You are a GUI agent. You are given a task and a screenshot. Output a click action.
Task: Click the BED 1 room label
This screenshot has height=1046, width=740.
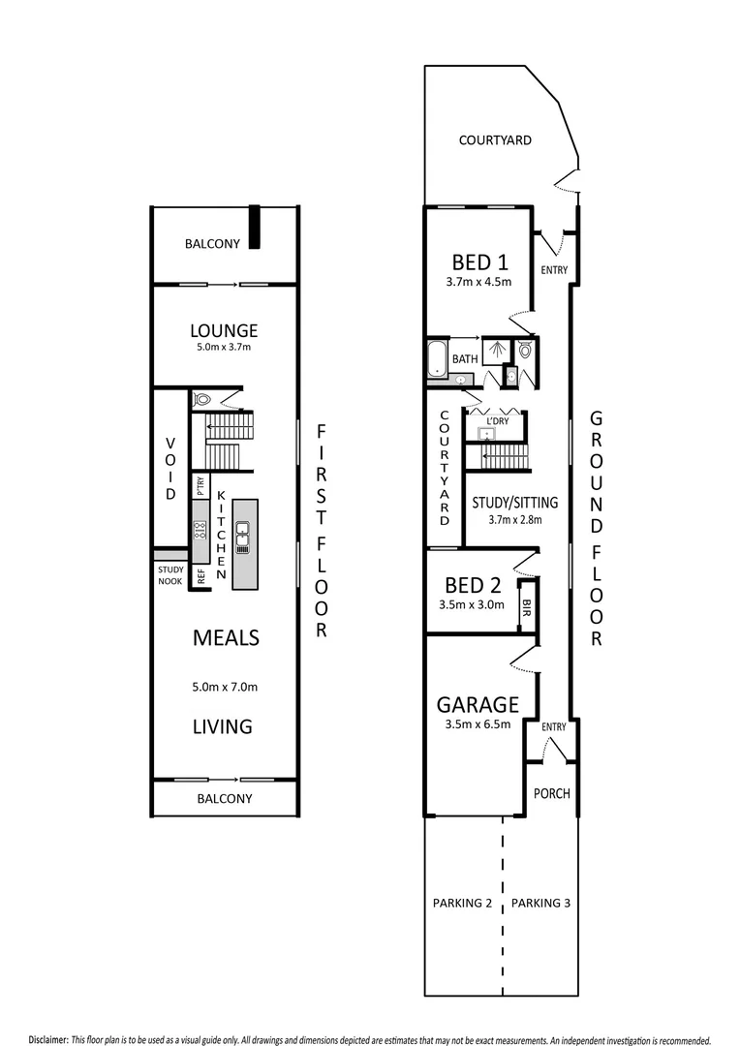click(x=479, y=262)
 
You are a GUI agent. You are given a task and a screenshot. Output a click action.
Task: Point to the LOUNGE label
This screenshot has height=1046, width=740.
click(x=223, y=331)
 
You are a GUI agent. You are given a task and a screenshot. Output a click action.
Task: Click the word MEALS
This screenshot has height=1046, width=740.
click(x=225, y=637)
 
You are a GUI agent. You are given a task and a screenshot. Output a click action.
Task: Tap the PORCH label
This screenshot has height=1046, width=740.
click(x=552, y=793)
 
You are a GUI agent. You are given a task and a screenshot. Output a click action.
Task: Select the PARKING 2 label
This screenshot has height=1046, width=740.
click(x=462, y=903)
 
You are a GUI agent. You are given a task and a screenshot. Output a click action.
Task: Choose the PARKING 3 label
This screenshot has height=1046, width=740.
click(x=540, y=903)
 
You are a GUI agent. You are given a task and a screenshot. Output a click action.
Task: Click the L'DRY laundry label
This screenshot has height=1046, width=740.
click(x=498, y=420)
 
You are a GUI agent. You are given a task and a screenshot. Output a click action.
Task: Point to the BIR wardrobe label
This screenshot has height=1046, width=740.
click(x=526, y=608)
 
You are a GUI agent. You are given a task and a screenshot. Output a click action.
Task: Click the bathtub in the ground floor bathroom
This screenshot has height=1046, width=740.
click(x=437, y=357)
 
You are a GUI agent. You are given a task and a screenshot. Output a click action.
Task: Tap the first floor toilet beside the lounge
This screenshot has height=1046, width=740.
click(x=203, y=397)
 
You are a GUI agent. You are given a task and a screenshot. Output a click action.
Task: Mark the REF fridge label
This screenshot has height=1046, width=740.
click(x=200, y=576)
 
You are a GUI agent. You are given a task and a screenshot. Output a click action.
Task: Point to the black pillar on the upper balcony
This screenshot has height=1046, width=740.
click(x=254, y=228)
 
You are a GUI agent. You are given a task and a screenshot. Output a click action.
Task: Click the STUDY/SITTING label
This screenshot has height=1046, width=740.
click(x=514, y=502)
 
